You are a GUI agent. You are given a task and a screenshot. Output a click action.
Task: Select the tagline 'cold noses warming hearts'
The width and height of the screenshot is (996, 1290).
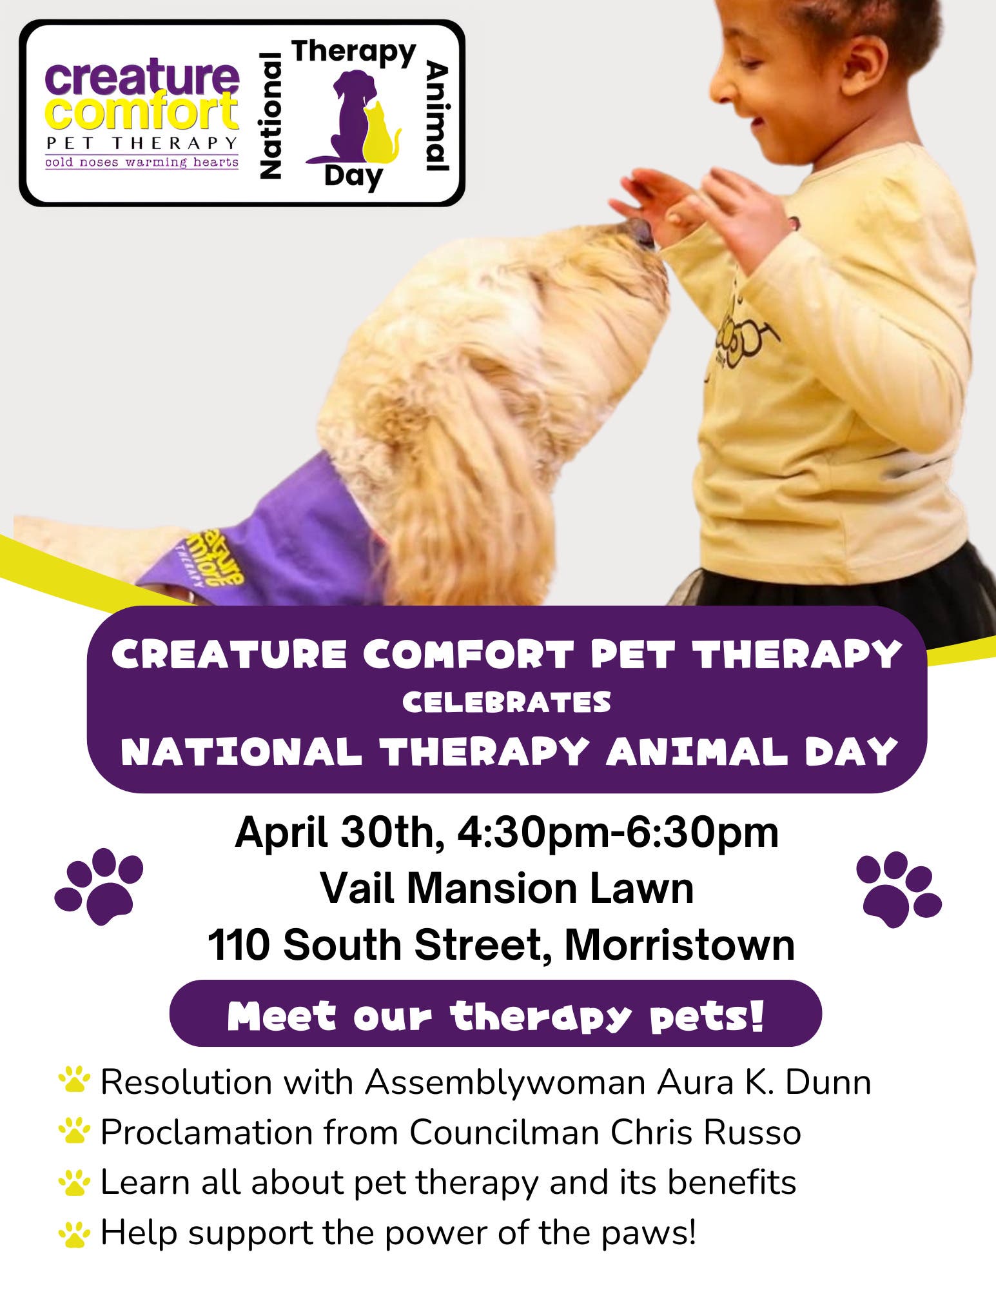click(142, 162)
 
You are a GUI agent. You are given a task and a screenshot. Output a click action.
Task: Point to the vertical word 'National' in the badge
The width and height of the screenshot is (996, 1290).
click(270, 115)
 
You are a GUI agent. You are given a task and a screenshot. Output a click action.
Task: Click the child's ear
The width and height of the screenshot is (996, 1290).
click(853, 64)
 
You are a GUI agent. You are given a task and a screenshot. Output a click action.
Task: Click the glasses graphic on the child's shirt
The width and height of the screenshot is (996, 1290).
click(741, 335)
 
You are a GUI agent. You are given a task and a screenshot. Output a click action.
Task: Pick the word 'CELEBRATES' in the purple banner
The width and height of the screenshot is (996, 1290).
click(507, 702)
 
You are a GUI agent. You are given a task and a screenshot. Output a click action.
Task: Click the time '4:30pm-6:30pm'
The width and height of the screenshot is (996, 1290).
click(618, 833)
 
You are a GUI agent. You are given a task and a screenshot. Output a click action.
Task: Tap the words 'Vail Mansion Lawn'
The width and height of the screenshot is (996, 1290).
click(507, 889)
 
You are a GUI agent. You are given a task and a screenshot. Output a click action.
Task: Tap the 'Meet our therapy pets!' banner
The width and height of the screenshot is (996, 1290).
click(495, 1017)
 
